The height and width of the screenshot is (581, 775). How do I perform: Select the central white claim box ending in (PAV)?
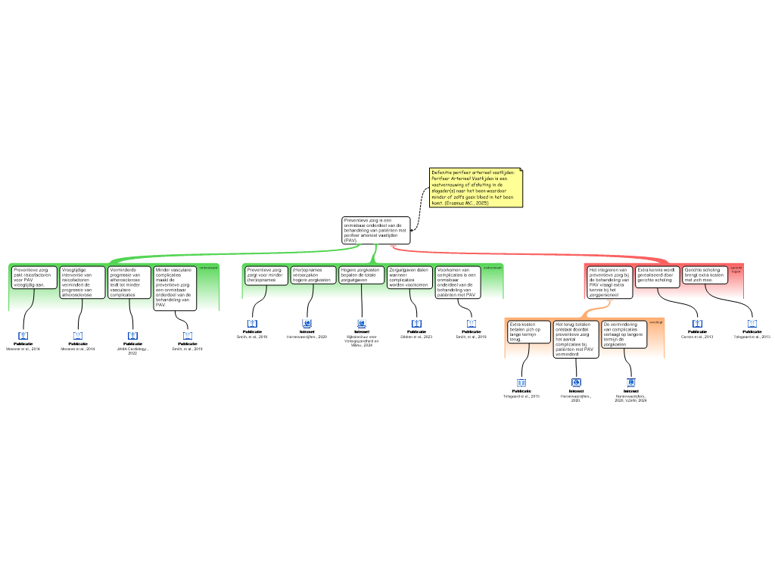pos(375,230)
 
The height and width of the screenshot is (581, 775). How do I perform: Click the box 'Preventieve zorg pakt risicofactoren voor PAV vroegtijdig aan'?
pos(35,277)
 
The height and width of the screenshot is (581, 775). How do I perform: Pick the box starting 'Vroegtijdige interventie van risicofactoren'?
pos(82,281)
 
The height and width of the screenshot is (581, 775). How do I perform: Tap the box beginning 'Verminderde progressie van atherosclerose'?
pos(129,281)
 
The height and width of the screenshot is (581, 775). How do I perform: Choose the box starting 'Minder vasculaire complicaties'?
pos(175,287)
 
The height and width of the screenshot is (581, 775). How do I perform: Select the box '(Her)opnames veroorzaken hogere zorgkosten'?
pos(313,275)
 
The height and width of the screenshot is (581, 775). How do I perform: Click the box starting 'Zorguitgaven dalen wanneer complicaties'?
pos(409,277)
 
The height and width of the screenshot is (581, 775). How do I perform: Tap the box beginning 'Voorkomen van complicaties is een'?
pos(457,281)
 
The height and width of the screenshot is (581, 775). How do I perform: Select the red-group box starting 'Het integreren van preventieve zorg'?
pos(609,281)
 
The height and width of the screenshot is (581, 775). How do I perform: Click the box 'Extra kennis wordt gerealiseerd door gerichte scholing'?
pos(656,275)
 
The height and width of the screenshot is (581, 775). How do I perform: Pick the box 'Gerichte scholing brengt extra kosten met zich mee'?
pos(704,275)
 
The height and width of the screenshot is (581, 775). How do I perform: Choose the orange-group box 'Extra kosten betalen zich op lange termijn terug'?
pos(528,331)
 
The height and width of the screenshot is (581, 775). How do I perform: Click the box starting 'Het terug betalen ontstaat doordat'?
pos(576,339)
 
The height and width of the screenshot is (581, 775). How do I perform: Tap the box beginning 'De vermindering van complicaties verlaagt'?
pos(624,334)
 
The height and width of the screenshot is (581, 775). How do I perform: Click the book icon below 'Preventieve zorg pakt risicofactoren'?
pos(23,336)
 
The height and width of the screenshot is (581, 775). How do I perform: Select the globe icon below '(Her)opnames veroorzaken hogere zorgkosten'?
pos(307,324)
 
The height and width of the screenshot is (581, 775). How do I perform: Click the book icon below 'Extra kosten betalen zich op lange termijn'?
pos(521,384)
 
